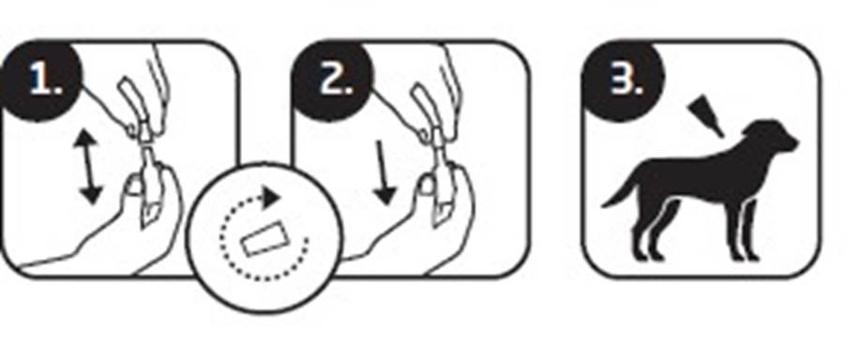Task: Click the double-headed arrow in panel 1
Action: (x=88, y=168)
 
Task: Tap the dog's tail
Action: (x=619, y=191)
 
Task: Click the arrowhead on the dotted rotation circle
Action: (x=271, y=198)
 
